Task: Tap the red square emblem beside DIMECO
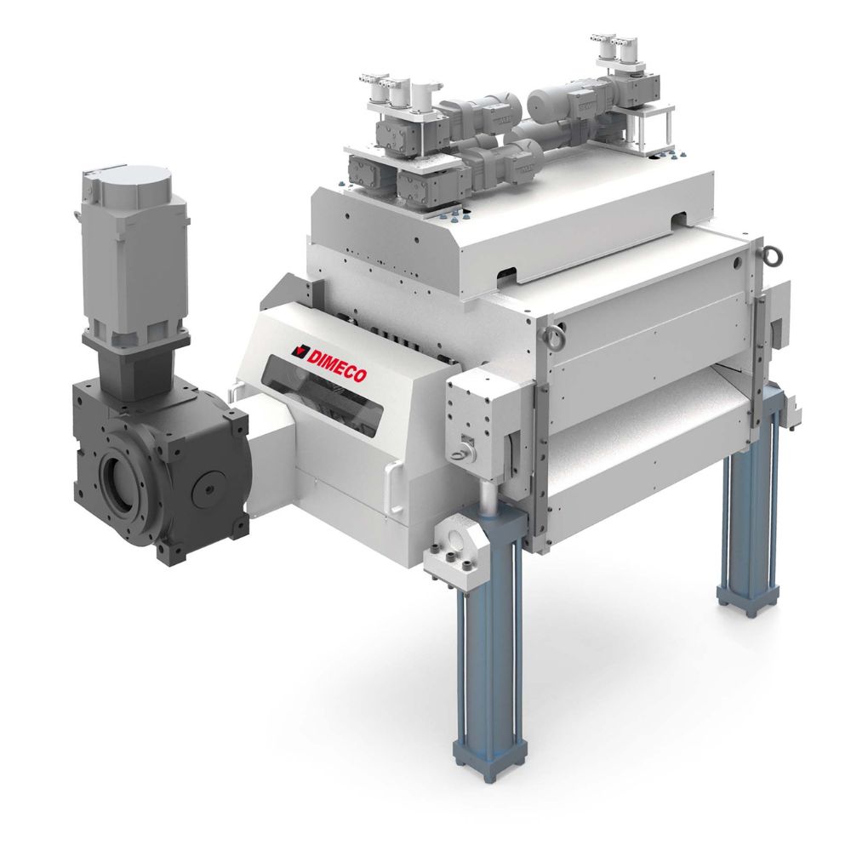point(298,351)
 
